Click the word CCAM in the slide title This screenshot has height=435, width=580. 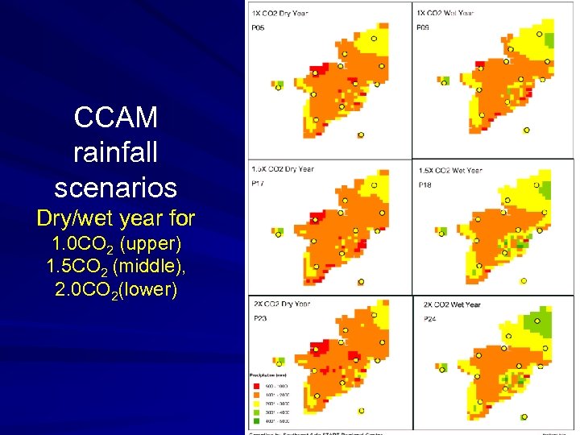pos(115,118)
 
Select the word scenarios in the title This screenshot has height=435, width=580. pos(115,187)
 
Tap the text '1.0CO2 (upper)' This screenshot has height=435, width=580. pos(116,242)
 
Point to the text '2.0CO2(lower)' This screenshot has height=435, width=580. pos(116,288)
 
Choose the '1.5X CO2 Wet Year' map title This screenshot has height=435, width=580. pos(450,170)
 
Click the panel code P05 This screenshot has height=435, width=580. pos(259,28)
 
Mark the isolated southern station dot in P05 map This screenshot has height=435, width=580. pos(361,135)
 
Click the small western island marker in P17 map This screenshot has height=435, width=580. pos(278,232)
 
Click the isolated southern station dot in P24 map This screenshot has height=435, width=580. pos(524,416)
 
